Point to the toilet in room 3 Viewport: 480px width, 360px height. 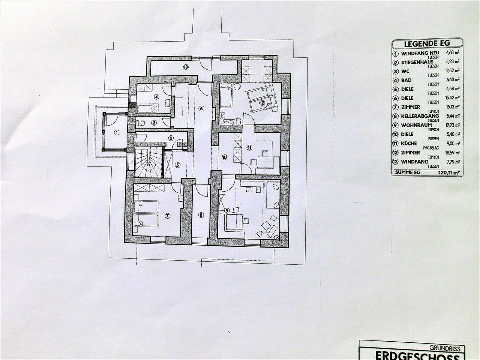tap(141, 123)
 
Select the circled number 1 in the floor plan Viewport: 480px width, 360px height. tap(116, 132)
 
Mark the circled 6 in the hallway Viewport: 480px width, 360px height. tap(201, 109)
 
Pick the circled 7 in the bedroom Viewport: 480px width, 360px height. tap(167, 215)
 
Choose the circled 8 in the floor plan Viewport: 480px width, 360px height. tap(201, 215)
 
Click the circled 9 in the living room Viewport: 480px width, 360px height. tap(226, 211)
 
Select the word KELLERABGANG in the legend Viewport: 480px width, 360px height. tap(415, 116)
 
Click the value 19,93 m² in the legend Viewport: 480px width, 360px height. tap(452, 125)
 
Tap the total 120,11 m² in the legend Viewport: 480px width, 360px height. tap(449, 173)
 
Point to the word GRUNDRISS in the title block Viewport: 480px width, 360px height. tap(450, 348)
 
